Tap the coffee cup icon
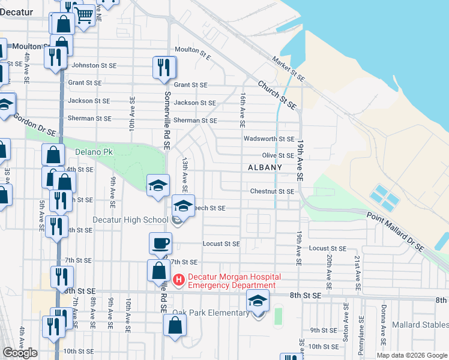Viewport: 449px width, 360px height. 160,244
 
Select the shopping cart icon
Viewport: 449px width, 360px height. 85,14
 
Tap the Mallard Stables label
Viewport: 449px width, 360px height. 420,325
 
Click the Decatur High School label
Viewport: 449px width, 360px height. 130,220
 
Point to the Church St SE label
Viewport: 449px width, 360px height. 278,95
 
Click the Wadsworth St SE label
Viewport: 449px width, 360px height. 268,139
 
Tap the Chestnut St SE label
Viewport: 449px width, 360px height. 272,191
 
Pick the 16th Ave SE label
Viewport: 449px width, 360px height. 243,110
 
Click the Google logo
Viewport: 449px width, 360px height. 20,353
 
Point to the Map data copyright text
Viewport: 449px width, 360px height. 411,355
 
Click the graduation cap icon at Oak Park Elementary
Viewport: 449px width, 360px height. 258,301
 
